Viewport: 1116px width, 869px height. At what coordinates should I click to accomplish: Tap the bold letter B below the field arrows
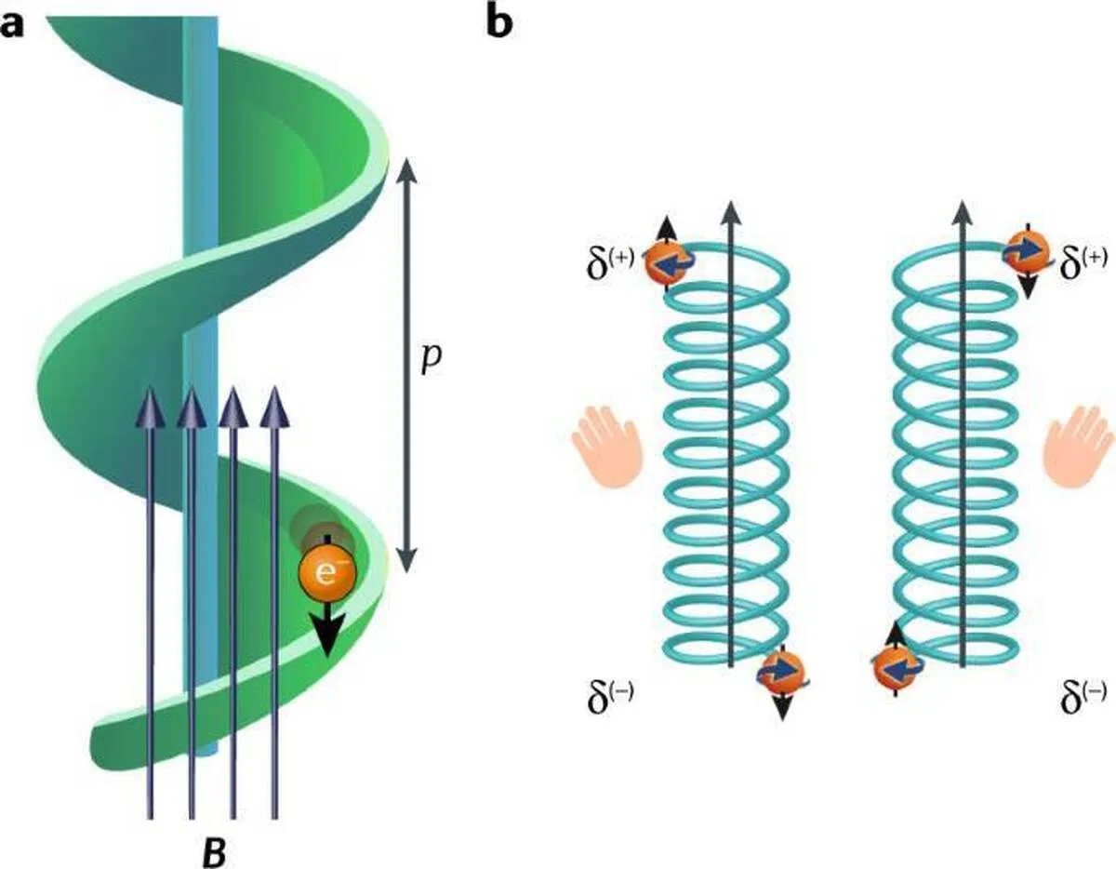click(x=213, y=851)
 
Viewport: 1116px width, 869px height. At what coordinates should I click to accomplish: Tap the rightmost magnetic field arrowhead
click(x=272, y=408)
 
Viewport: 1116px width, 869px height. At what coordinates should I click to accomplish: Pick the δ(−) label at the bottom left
click(x=609, y=692)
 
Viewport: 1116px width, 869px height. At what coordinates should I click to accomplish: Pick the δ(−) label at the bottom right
click(x=1083, y=692)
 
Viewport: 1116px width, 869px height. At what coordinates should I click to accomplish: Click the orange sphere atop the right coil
click(x=1026, y=250)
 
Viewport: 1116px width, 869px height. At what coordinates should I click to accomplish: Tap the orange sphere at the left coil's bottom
click(x=781, y=672)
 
